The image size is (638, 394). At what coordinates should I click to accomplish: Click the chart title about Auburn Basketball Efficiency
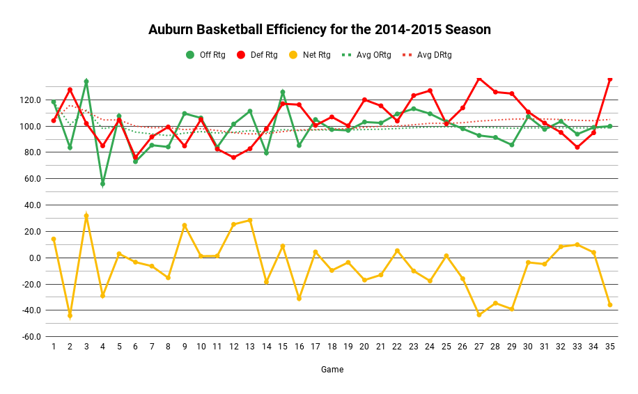(x=319, y=30)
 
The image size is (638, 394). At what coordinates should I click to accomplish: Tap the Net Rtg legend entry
(x=307, y=55)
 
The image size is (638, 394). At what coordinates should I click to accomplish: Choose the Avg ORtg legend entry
(x=365, y=55)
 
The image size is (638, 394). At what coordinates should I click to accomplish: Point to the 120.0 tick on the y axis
(x=31, y=100)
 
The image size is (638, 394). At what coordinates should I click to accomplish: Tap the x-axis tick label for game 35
(x=609, y=346)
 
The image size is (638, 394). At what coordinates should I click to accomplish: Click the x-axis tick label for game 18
(x=332, y=346)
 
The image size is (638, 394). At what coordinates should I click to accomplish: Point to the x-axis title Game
(x=332, y=370)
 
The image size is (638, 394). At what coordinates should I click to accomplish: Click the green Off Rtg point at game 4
(x=102, y=184)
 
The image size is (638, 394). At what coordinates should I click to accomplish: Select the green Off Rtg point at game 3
(x=86, y=81)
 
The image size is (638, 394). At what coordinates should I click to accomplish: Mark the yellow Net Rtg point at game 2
(x=70, y=315)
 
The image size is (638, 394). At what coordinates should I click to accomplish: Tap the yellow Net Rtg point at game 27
(x=478, y=315)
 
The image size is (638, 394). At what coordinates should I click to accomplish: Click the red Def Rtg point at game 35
(x=609, y=79)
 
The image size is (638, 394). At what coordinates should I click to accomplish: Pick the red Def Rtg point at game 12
(x=233, y=157)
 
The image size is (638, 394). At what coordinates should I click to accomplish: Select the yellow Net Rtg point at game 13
(x=249, y=220)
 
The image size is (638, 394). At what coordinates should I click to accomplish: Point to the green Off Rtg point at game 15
(x=282, y=92)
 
